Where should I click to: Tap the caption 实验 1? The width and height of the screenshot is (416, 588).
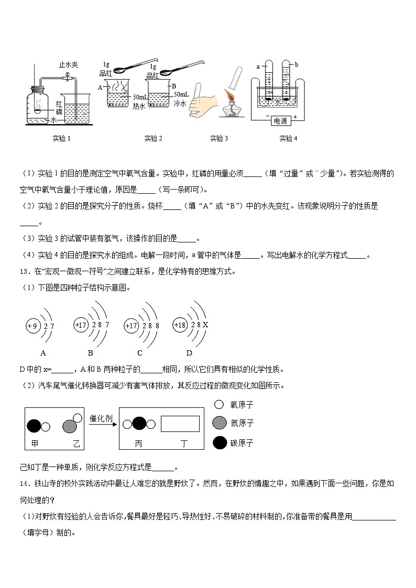click(x=61, y=139)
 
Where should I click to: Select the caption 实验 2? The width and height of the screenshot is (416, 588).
click(x=153, y=139)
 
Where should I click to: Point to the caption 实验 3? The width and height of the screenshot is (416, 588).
click(x=219, y=139)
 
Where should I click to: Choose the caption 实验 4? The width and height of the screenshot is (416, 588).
click(x=288, y=139)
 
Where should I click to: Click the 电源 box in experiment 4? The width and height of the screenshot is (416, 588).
click(x=280, y=121)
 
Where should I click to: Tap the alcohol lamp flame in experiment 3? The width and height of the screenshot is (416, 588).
click(x=229, y=96)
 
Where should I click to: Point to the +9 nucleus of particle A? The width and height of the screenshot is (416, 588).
click(x=33, y=326)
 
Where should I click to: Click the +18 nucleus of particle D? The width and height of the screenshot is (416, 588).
click(x=180, y=325)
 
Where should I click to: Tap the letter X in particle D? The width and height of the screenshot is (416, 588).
click(x=206, y=325)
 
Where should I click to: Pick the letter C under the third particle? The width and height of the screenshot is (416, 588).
click(x=140, y=352)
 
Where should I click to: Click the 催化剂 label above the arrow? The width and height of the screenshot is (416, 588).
click(x=101, y=419)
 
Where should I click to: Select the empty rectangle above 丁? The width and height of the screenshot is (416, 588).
click(x=180, y=424)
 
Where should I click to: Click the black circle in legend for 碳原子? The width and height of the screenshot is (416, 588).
click(x=220, y=443)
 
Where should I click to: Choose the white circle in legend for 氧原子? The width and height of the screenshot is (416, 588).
click(x=220, y=405)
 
